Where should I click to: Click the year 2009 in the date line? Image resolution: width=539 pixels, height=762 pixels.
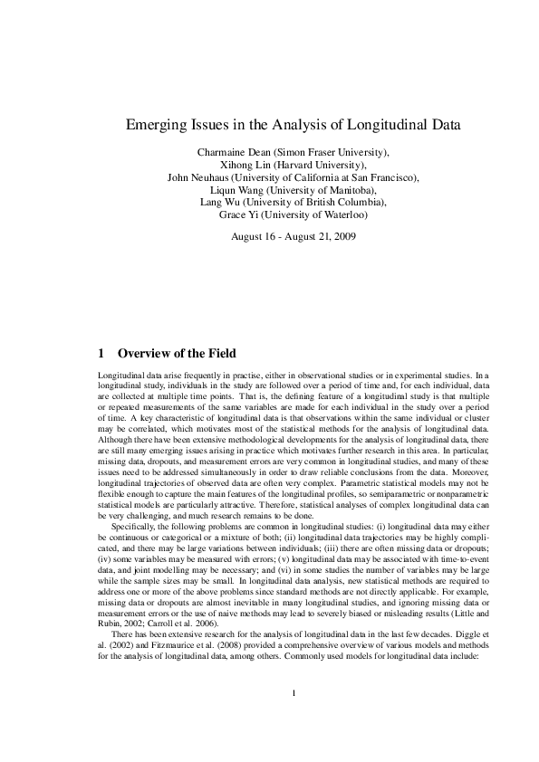coord(343,237)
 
